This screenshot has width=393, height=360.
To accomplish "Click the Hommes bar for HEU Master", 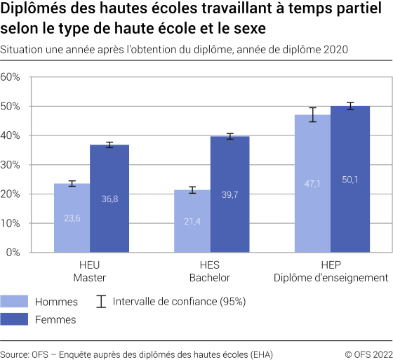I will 72,218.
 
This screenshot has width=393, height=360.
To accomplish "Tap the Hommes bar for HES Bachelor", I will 192,221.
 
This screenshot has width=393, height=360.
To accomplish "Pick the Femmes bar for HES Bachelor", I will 230,194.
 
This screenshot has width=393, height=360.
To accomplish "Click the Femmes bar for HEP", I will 350,179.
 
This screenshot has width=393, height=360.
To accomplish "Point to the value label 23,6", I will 72,218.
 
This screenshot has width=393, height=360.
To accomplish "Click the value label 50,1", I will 350,180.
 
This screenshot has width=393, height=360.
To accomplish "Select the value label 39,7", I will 230,194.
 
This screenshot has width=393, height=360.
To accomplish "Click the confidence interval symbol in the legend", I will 101,302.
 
